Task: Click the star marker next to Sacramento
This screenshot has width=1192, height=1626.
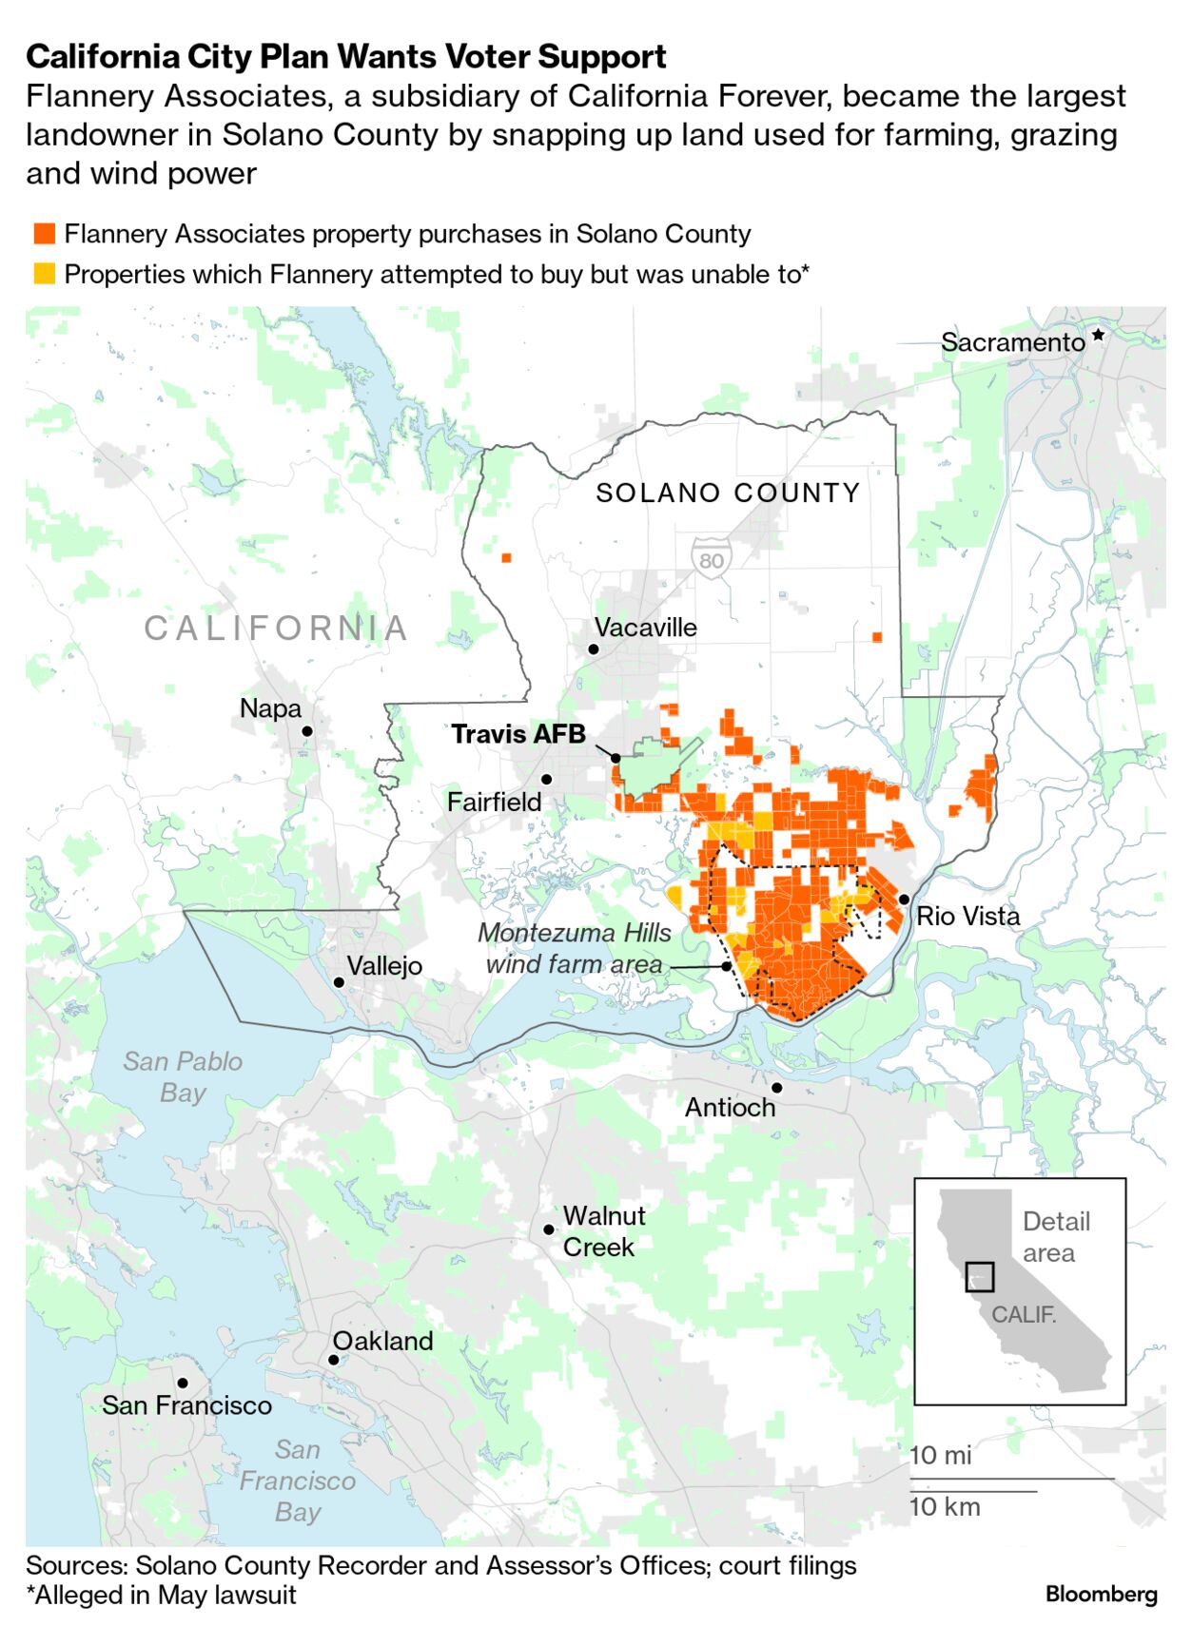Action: (1098, 335)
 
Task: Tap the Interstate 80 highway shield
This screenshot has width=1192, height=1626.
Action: (711, 558)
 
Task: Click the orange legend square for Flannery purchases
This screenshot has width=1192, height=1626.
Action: (44, 234)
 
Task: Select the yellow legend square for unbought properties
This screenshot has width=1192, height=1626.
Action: (44, 274)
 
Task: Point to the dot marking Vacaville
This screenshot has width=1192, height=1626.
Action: (593, 649)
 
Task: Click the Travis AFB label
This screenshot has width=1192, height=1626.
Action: (518, 734)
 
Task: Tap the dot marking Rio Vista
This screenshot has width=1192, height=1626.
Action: (903, 899)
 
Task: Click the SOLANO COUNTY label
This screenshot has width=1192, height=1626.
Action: (728, 493)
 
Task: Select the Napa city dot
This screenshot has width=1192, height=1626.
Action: (306, 731)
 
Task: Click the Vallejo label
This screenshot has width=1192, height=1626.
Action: (384, 966)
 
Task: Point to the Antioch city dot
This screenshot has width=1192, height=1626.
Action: (776, 1087)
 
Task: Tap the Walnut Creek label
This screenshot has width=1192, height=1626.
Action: (603, 1231)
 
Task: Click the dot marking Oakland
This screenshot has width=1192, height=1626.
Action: (334, 1360)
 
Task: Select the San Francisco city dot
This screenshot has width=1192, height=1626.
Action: (182, 1383)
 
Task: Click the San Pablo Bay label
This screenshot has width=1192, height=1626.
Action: (183, 1076)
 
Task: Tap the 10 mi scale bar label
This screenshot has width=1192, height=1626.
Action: (941, 1456)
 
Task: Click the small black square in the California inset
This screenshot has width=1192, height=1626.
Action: (979, 1276)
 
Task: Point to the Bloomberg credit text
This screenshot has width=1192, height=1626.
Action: (1101, 1594)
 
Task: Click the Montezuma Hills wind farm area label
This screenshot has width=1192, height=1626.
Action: (574, 948)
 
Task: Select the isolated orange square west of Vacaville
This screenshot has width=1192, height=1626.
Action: (506, 558)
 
